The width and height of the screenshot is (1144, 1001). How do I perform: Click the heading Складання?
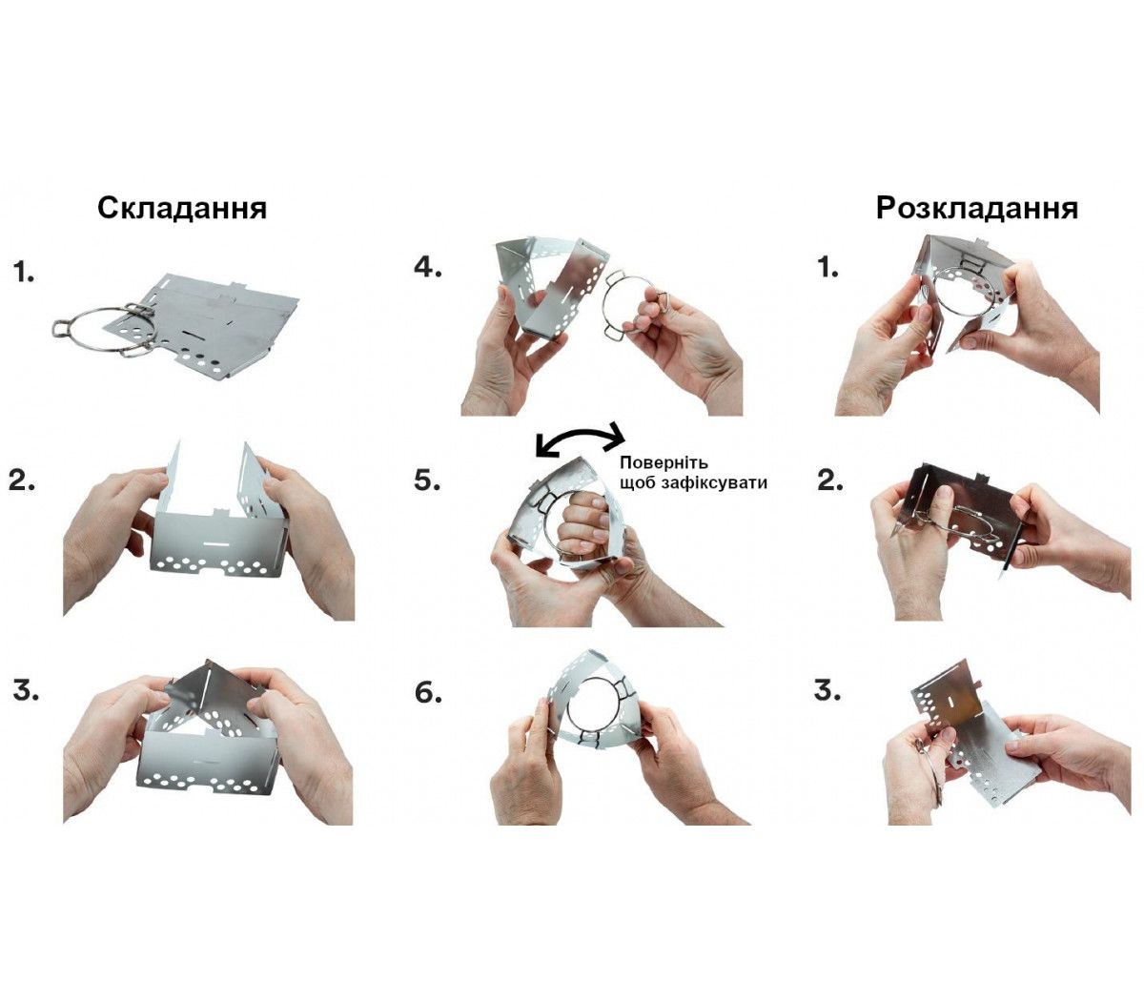182,209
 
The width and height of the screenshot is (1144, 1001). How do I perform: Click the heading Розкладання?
976,209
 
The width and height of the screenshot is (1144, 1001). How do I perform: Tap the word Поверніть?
664,462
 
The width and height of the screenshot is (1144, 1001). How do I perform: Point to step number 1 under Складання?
25,273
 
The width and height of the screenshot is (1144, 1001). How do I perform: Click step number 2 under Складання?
22,480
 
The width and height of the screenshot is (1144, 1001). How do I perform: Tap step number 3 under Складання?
26,691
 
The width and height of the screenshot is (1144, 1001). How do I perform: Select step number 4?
428,268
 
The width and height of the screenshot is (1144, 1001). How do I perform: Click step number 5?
428,480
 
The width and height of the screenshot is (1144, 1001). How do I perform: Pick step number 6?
428,693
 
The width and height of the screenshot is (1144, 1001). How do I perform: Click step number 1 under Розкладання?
828,269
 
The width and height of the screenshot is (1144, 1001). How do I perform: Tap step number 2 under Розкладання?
830,480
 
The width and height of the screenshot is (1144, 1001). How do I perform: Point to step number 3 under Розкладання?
827,691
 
